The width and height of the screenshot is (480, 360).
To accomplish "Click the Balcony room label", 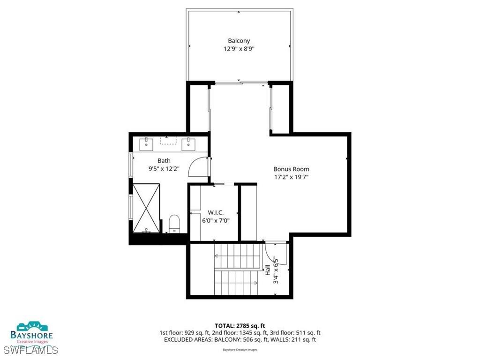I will click(x=239, y=41).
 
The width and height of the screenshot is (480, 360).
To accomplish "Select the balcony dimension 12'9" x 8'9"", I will click(x=239, y=49).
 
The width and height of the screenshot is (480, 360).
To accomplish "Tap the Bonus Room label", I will click(x=291, y=169).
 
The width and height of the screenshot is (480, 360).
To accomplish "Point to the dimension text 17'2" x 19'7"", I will click(x=291, y=177).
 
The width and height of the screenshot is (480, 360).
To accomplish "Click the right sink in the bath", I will click(x=189, y=143).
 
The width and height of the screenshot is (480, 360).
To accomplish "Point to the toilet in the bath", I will click(x=174, y=223).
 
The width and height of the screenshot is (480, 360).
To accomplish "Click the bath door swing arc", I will click(x=197, y=166).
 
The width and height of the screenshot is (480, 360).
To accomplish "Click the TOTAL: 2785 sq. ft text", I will click(x=240, y=325).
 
